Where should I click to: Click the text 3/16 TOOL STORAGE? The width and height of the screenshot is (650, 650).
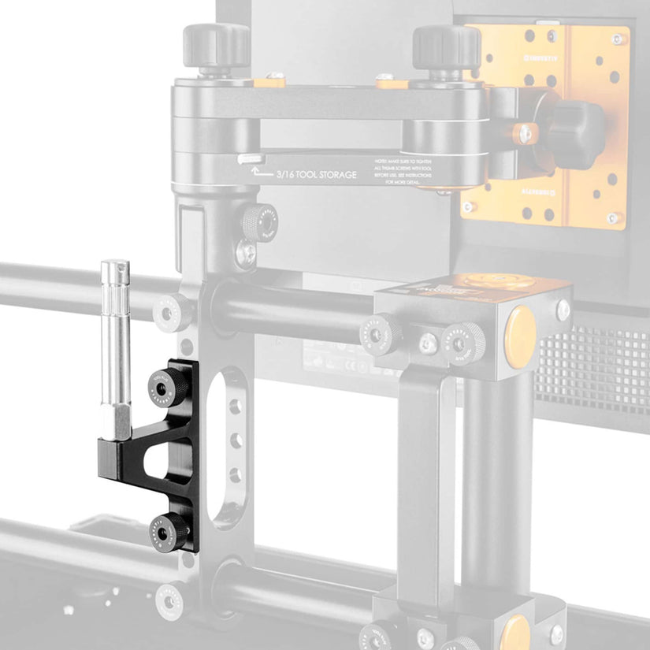[316, 174]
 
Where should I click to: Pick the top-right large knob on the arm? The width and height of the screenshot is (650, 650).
[446, 46]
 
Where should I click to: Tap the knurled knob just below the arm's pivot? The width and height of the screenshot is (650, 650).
[259, 222]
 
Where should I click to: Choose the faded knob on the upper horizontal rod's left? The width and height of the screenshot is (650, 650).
[171, 314]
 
